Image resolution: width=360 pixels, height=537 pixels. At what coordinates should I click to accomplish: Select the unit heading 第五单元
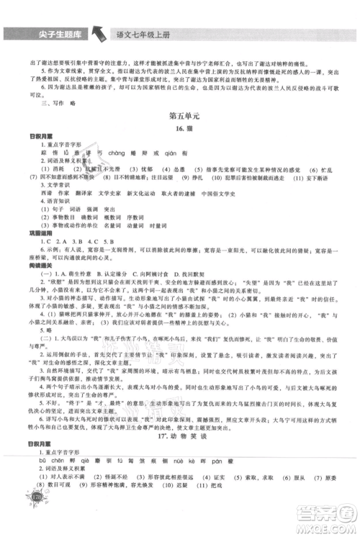pyautogui.click(x=181, y=114)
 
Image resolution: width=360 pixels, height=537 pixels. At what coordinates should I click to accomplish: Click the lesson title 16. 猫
pyautogui.click(x=181, y=128)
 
